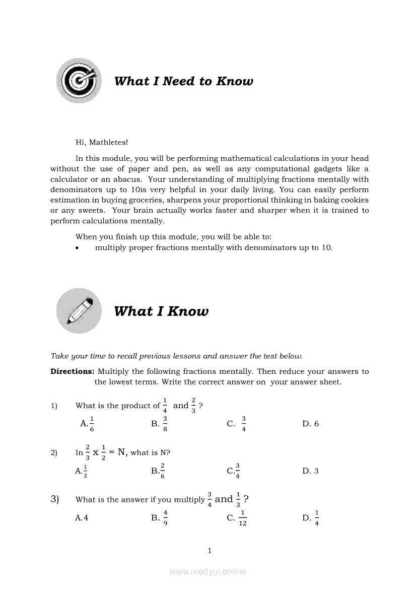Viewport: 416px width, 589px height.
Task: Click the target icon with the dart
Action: (x=79, y=81)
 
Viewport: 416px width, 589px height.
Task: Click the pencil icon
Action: (x=79, y=311)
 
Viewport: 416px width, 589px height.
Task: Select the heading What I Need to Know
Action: (x=183, y=81)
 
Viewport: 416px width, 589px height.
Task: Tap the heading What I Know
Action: (x=161, y=311)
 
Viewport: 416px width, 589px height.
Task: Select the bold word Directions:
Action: (x=73, y=371)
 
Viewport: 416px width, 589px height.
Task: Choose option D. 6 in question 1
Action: (x=310, y=424)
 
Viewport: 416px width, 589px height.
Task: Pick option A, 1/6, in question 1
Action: (x=87, y=424)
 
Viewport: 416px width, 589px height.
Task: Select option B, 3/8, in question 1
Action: (x=160, y=424)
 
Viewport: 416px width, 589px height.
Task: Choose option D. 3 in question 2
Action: (x=310, y=471)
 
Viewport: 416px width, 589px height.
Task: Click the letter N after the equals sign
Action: (x=121, y=452)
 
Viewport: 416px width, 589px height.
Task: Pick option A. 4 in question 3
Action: (x=82, y=517)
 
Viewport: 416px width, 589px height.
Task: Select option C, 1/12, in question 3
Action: (x=237, y=517)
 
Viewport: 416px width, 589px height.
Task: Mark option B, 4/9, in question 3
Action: (x=160, y=517)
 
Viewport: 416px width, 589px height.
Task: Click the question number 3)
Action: (x=55, y=499)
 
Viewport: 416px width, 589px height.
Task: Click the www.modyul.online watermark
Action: (x=208, y=571)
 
